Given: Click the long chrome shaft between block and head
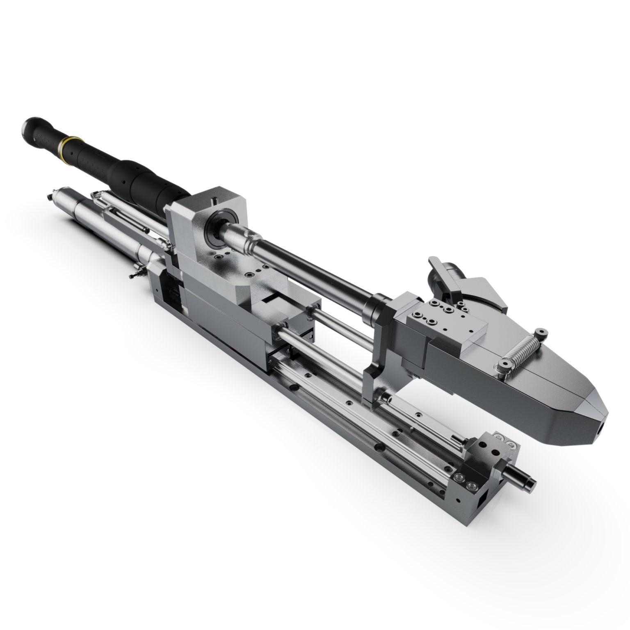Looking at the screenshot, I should [312, 269].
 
